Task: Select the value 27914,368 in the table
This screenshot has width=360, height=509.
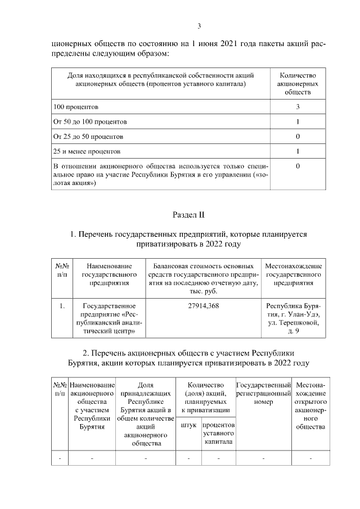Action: [204, 306]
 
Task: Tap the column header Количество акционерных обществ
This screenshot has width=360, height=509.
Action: [298, 84]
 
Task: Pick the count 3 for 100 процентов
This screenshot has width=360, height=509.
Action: [298, 106]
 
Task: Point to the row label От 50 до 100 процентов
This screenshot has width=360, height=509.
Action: [90, 121]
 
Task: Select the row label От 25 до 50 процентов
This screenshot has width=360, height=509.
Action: [88, 137]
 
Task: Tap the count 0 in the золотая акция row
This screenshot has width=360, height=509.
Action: [298, 167]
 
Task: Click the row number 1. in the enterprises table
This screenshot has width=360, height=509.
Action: [62, 306]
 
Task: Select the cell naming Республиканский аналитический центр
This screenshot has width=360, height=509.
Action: [110, 319]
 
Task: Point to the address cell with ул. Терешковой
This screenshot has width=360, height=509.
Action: [294, 323]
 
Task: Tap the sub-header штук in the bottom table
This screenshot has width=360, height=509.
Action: [188, 425]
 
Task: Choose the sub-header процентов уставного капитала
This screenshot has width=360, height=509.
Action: [219, 434]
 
